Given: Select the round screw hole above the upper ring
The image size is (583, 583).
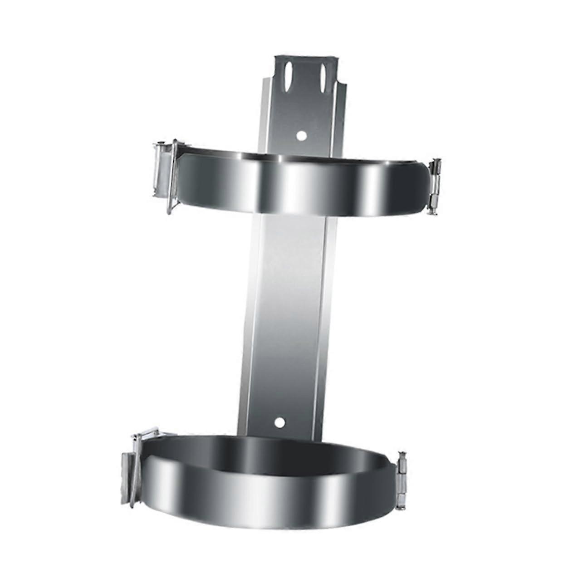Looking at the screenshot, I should click(301, 135).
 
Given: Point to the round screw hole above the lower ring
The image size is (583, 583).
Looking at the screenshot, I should click(280, 423).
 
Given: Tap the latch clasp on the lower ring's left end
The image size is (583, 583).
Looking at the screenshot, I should click(132, 467).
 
